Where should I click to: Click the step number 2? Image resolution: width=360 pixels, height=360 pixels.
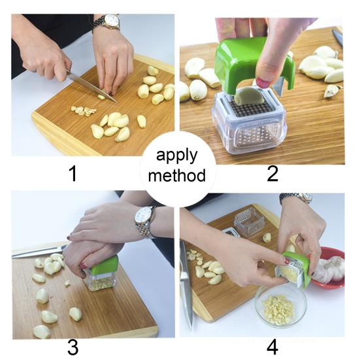click(x=272, y=173)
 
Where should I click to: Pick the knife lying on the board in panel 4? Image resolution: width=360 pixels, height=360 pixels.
click(x=186, y=287)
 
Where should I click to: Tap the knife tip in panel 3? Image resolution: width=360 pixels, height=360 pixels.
click(x=14, y=254)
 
